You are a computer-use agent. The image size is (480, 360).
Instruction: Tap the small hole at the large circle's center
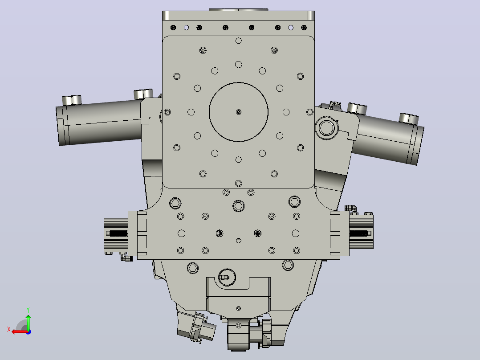point(239,112)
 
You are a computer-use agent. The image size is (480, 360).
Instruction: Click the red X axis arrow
point(20,332)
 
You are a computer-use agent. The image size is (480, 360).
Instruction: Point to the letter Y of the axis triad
point(28,310)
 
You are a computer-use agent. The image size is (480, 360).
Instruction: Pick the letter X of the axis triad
point(9,329)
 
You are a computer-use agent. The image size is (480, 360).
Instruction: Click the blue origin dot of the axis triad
point(28,332)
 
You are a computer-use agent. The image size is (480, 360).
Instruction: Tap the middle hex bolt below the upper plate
point(239,206)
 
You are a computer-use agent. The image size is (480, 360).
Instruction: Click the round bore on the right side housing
point(327,128)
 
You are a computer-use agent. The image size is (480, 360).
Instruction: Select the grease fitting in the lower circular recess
point(224,278)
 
